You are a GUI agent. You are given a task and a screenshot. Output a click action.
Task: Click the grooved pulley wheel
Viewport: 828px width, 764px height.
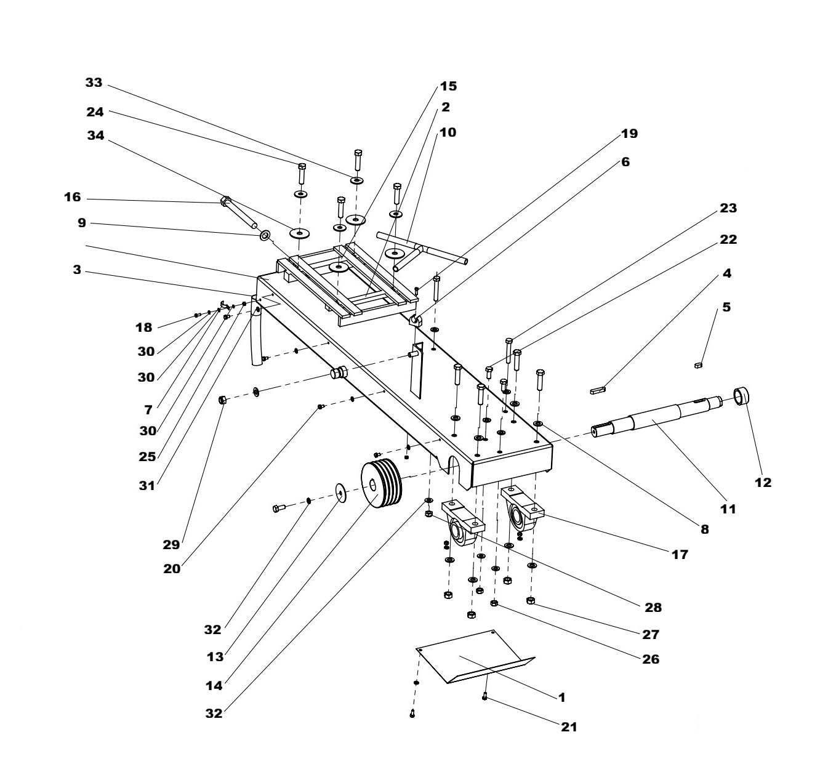tap(380, 483)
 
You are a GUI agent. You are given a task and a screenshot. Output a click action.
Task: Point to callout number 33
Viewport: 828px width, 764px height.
tap(94, 82)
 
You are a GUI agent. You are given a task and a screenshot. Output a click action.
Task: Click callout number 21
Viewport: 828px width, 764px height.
tap(569, 727)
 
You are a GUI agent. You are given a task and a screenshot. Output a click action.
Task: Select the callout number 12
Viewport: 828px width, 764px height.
tap(763, 483)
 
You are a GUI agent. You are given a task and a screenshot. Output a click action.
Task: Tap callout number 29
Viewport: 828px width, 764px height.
tap(171, 544)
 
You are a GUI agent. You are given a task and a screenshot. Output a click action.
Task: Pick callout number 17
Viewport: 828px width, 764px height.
tap(679, 555)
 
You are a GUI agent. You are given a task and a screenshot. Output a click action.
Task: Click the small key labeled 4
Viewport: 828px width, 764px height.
tap(598, 389)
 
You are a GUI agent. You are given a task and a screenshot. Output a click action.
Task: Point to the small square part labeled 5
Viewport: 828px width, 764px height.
tap(698, 365)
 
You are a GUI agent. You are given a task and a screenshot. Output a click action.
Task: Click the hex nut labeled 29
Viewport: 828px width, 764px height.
tap(222, 400)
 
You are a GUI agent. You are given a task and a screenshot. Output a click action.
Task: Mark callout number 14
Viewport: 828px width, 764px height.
tap(215, 683)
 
